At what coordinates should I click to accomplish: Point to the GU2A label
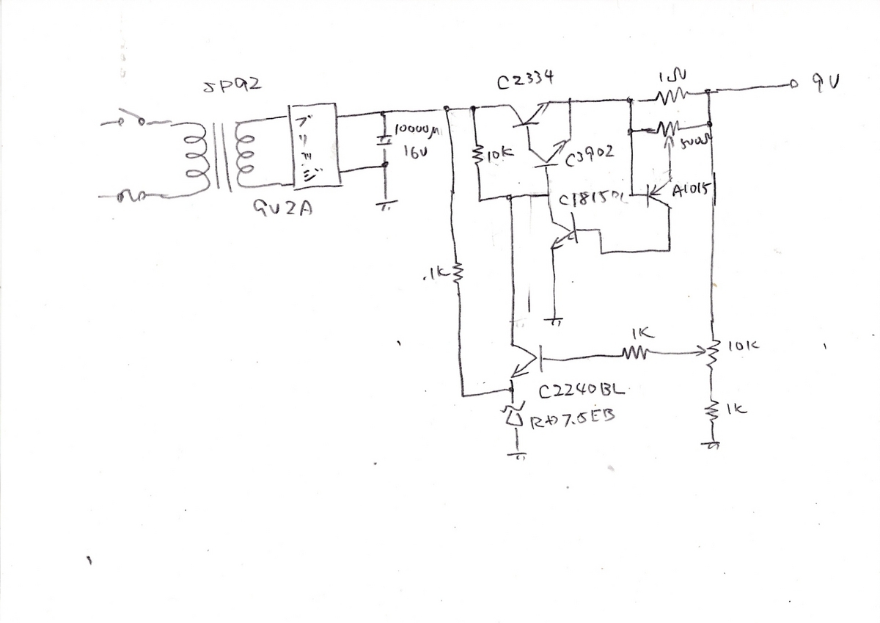pyautogui.click(x=283, y=209)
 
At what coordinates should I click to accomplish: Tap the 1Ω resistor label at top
pyautogui.click(x=673, y=74)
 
